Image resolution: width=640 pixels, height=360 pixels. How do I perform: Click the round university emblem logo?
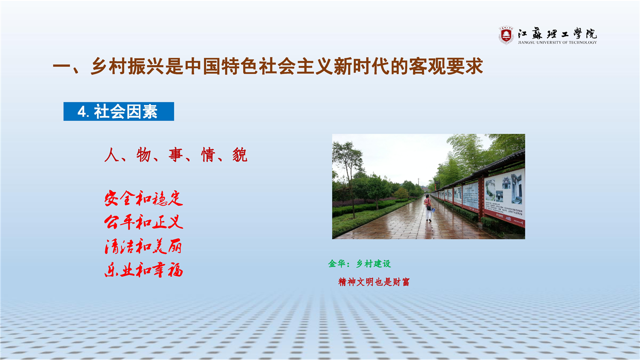506,35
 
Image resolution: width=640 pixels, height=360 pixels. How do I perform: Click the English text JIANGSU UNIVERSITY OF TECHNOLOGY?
557,42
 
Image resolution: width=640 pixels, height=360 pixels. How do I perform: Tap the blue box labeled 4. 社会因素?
118,111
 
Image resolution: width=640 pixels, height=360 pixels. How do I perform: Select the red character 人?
111,155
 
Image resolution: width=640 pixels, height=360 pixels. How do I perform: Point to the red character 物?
143,155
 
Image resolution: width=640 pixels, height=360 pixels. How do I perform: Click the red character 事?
175,155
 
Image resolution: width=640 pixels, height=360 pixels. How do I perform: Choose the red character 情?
208,155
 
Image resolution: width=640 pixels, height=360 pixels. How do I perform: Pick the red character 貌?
240,155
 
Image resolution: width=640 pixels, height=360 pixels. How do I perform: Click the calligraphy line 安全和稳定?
143,198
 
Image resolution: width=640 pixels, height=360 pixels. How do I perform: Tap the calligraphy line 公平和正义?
143,222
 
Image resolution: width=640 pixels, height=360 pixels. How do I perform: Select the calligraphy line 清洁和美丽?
143,246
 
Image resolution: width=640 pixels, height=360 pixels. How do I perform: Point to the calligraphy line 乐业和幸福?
143,270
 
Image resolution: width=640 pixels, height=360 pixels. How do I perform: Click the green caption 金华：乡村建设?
359,263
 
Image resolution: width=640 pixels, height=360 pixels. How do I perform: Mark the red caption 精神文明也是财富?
374,282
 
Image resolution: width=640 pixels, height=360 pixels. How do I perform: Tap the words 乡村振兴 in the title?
127,66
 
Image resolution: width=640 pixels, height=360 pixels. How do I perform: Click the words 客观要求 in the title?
445,66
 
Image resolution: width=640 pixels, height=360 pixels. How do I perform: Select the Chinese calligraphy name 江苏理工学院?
557,34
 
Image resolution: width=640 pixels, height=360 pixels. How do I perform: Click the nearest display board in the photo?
504,197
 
